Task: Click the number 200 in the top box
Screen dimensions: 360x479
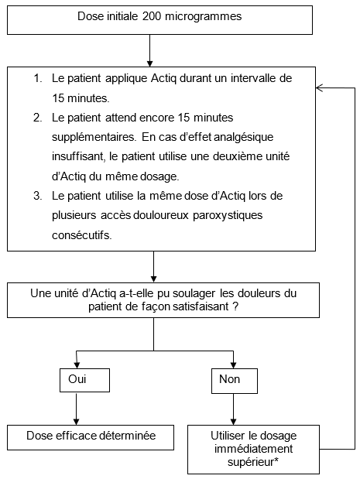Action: tap(152, 16)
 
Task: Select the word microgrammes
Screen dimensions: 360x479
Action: tap(203, 17)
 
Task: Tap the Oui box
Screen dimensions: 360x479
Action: tap(84, 380)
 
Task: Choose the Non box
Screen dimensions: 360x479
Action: tap(235, 381)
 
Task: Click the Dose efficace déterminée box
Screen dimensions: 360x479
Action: tap(91, 437)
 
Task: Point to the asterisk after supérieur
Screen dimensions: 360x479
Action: tap(276, 460)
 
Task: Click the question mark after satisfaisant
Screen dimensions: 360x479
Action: tap(235, 306)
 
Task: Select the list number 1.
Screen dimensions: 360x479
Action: tap(38, 78)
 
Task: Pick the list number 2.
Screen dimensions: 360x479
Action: tap(38, 118)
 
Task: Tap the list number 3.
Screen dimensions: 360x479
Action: tap(38, 196)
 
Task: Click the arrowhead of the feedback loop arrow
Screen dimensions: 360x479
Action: tap(319, 88)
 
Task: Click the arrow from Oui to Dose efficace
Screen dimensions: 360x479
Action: tap(77, 409)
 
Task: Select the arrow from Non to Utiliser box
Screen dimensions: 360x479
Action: tap(234, 409)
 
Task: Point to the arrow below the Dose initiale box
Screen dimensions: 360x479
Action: tap(149, 50)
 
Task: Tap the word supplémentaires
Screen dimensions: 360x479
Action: tap(94, 138)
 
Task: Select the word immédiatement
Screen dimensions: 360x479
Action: tap(253, 449)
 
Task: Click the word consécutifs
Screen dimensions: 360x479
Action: tap(82, 235)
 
